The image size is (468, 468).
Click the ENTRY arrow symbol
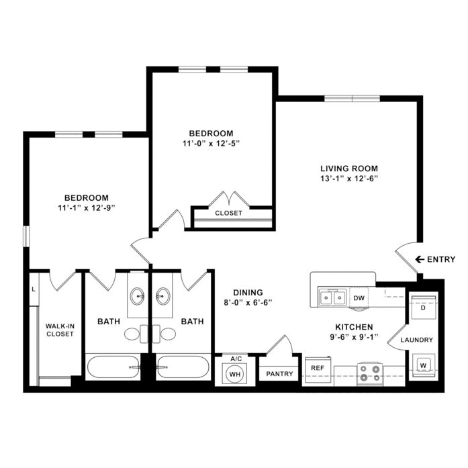tap(420, 259)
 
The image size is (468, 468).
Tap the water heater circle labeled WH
tap(235, 374)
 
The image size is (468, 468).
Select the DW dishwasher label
tap(359, 298)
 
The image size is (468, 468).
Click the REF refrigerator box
tap(318, 369)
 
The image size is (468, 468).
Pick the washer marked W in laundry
tap(423, 366)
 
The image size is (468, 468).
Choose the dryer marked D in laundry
tap(423, 308)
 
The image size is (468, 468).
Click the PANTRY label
tap(279, 374)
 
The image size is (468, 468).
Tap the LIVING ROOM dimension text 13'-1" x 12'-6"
tap(349, 179)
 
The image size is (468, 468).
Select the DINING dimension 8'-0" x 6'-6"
tap(248, 303)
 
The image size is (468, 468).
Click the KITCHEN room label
tap(354, 327)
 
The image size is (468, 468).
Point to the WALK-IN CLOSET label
tap(60, 330)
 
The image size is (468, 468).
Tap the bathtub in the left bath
tap(113, 367)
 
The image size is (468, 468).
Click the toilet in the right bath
tap(164, 334)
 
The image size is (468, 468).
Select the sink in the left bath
tap(137, 296)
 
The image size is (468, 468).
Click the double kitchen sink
tap(332, 297)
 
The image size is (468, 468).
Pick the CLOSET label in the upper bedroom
tap(228, 213)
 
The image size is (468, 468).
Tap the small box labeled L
tap(34, 289)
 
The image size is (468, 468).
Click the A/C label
tap(236, 359)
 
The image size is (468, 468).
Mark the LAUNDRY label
tap(417, 340)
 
